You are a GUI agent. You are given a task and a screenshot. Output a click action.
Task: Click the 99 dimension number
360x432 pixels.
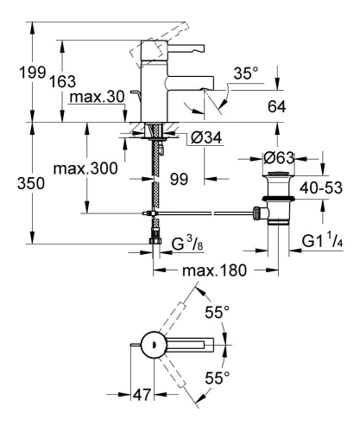coord(179,180)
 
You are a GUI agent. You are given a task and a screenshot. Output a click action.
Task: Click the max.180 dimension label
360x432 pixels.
coord(209,270)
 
